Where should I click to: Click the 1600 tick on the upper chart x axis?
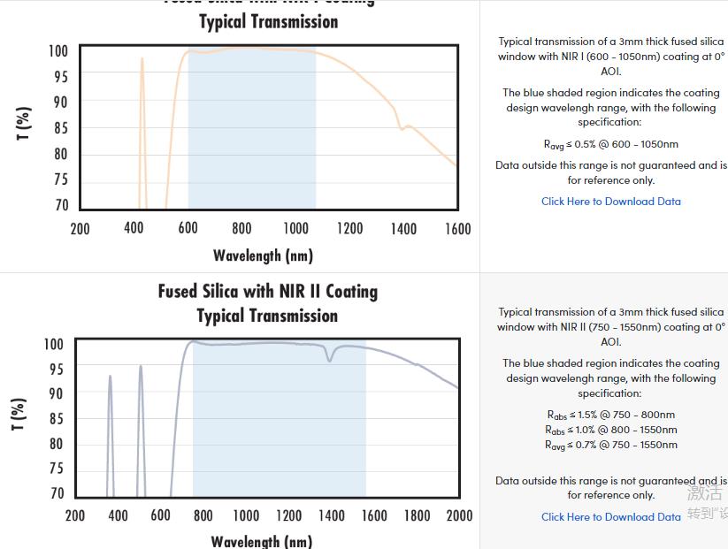457,228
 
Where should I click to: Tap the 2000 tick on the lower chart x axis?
459,515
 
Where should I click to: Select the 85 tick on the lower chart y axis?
55,418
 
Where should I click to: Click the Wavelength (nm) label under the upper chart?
263,255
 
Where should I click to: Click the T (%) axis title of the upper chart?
24,124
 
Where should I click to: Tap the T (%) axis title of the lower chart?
19,415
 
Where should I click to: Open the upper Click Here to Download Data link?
611,202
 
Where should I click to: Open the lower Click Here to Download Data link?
611,517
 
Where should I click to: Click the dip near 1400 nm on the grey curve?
331,359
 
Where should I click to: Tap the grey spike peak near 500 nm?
140,367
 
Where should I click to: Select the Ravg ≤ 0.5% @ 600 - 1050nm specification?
611,144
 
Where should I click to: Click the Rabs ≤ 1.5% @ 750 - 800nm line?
611,415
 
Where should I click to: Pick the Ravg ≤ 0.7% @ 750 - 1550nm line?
611,445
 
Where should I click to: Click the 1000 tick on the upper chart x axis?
295,228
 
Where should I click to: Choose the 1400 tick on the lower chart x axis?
331,515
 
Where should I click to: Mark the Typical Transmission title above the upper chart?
268,21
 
